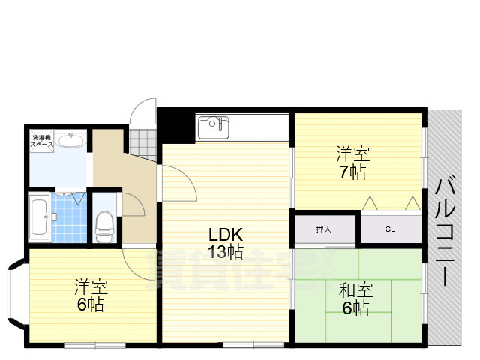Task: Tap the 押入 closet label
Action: click(x=323, y=229)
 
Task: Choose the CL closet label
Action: click(x=390, y=229)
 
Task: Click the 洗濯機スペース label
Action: click(x=41, y=141)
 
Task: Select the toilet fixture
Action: click(x=105, y=224)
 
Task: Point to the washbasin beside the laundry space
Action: click(x=72, y=142)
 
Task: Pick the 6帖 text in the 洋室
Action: click(x=90, y=304)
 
